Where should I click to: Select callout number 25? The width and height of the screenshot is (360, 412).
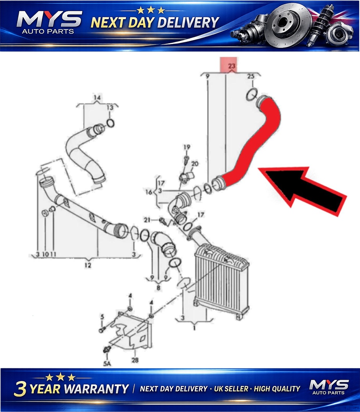pos(251,76)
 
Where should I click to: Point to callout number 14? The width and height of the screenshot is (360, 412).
pos(97,98)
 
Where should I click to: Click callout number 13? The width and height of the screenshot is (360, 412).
pos(110,108)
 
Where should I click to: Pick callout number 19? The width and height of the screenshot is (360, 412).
pos(187,147)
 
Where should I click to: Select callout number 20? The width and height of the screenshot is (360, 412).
pos(195,164)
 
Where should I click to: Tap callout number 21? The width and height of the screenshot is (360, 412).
pos(147,220)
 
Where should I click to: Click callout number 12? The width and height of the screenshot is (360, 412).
pos(88,265)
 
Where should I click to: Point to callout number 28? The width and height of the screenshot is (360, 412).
pos(135,360)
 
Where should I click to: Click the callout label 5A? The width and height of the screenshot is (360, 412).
pos(107,363)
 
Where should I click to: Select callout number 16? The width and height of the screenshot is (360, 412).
pos(149,192)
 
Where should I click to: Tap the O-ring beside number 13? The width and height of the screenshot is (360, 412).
pos(110,123)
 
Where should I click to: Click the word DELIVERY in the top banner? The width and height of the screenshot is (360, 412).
pos(188,22)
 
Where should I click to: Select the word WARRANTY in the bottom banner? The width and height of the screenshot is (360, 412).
pos(97,389)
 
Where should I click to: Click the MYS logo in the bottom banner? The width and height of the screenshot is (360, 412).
pos(329,387)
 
